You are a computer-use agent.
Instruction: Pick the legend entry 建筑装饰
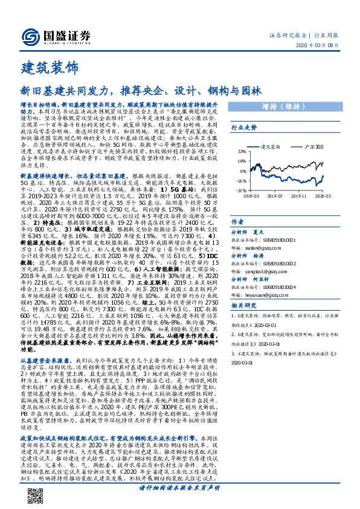coord(270,146)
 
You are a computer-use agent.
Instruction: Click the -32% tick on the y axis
coord(241,190)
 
